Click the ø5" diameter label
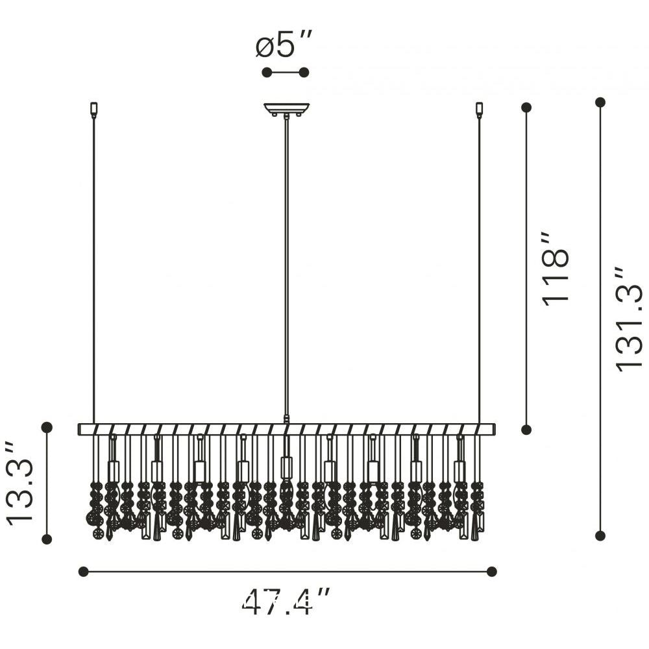(x=283, y=44)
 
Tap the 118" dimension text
(x=556, y=269)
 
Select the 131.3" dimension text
(x=629, y=319)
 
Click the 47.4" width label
(x=286, y=601)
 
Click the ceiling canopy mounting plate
(x=286, y=109)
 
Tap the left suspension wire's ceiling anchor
(x=93, y=109)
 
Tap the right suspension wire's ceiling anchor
(x=480, y=109)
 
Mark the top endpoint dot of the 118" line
(x=526, y=108)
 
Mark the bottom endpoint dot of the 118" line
(x=526, y=430)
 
